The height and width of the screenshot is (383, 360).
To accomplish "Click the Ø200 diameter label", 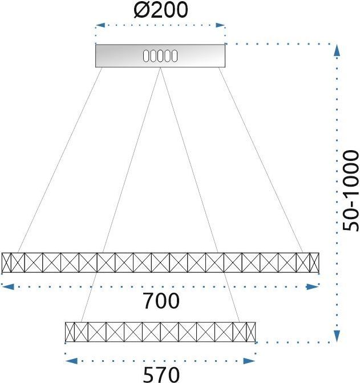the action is [161, 10].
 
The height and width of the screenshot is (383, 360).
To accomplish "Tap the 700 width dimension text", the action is [161, 301].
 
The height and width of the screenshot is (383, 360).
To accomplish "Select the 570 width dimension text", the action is [161, 374].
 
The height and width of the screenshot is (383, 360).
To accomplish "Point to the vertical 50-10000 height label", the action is [350, 190].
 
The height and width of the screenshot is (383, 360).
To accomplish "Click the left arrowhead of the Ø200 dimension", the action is [100, 25].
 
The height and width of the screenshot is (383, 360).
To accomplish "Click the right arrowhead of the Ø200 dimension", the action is [220, 25].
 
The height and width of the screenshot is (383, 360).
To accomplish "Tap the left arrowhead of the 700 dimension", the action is [7, 287].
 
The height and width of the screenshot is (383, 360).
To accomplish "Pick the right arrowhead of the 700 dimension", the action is [313, 287].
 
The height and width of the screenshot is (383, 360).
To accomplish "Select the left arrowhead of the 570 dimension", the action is [71, 361].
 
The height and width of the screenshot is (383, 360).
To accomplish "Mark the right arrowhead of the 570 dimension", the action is [249, 361].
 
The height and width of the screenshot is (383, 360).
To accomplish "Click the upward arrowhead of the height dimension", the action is [337, 51].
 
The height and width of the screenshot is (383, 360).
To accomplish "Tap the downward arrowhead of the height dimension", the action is [337, 336].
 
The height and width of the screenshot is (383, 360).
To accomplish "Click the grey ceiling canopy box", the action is [160, 56].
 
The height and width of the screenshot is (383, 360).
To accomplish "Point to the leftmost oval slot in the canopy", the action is [145, 56].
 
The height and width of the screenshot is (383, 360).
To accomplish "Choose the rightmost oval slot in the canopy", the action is [175, 56].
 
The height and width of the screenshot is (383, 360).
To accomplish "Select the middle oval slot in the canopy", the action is [160, 56].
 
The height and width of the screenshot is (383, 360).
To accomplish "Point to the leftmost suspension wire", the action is [60, 160].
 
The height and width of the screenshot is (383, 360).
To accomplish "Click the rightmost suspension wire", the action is [261, 160].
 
